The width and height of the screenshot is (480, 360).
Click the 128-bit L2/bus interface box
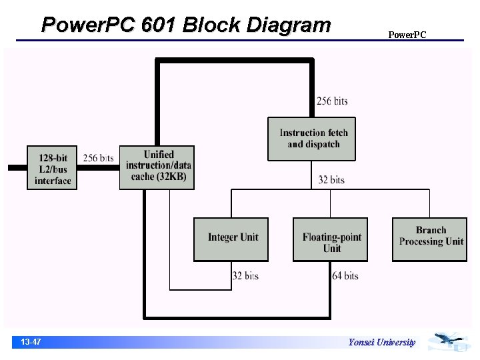(x=52, y=168)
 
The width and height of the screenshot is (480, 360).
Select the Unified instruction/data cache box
(x=157, y=167)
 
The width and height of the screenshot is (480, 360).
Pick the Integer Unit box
(x=231, y=239)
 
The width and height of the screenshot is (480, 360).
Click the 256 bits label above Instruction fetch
(x=331, y=101)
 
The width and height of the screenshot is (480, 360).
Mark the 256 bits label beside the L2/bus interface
(x=98, y=158)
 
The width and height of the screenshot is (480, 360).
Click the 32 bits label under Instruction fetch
(x=331, y=179)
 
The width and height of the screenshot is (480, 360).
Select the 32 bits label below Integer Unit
(x=245, y=275)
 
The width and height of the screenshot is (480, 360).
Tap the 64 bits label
(x=345, y=275)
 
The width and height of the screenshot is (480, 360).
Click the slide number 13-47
(x=31, y=342)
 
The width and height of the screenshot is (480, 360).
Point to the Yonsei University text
(x=381, y=342)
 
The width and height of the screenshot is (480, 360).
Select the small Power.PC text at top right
(x=407, y=35)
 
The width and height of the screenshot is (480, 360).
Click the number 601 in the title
(x=159, y=25)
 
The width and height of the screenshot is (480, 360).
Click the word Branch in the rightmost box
(x=431, y=231)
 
